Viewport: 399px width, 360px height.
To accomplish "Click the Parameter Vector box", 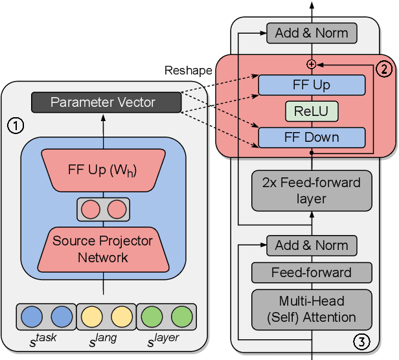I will tap(103, 102).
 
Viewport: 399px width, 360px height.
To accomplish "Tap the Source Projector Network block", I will tap(103, 249).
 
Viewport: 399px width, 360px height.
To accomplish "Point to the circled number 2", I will tap(383, 68).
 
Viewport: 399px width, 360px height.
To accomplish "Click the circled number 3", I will tap(361, 341).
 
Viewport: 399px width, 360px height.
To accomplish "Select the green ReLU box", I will tap(312, 111).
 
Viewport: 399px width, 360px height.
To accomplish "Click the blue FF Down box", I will tap(312, 137).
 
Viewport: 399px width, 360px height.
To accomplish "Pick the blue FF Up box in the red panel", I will tap(312, 85).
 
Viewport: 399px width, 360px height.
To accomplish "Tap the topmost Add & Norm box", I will tap(312, 32).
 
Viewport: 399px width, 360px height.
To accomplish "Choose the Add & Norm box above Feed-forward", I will tap(312, 245).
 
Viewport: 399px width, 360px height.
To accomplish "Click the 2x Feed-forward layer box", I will tap(312, 191).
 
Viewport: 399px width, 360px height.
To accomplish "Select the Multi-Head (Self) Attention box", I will tap(312, 309).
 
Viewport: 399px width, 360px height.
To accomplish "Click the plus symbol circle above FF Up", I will tap(312, 63).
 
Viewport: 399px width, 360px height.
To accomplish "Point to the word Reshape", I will tap(188, 70).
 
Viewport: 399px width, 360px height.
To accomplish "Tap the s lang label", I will tap(106, 341).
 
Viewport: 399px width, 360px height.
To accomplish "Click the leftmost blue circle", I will tap(31, 317).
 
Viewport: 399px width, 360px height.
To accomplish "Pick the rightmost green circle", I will tap(182, 317).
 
